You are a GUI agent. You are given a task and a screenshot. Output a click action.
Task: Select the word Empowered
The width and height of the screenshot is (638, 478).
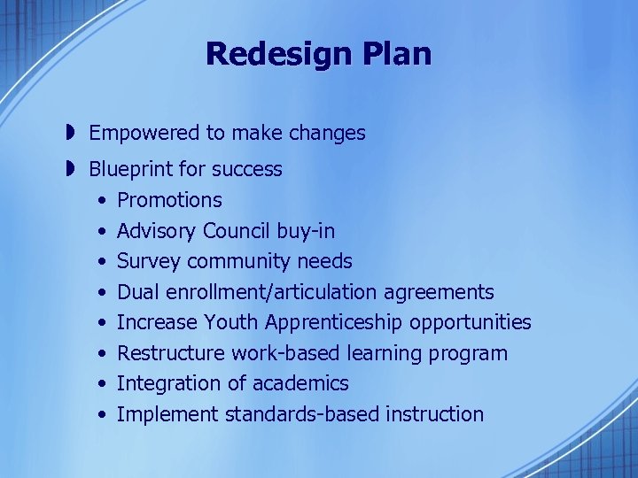click(144, 134)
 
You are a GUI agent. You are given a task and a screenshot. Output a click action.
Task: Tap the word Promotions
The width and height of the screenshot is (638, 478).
click(169, 200)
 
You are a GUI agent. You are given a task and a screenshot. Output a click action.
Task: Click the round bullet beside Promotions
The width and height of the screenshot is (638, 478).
click(104, 201)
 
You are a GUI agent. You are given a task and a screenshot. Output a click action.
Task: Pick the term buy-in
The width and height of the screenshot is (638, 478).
click(306, 231)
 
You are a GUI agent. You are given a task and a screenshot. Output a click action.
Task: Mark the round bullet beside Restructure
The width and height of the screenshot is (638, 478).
click(104, 354)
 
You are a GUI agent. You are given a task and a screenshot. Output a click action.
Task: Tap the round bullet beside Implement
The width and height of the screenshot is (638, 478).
click(104, 415)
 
